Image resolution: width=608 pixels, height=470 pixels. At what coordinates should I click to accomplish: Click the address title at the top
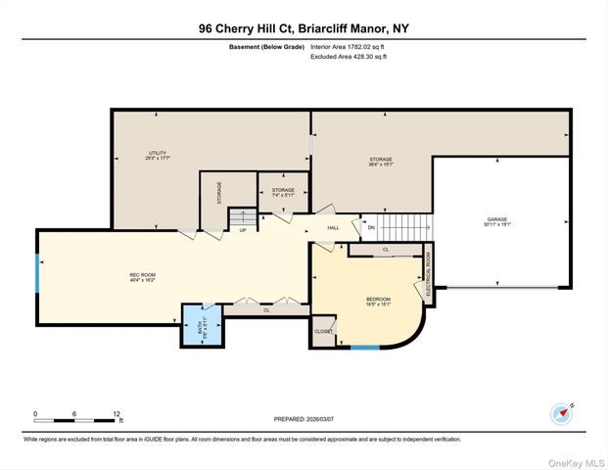pos(304,28)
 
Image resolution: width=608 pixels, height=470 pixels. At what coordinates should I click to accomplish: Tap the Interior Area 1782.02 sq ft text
pos(349,46)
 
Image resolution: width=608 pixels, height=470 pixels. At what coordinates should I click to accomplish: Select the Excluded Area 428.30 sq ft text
pos(349,57)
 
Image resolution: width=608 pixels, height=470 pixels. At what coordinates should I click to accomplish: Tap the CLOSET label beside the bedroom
pos(323,332)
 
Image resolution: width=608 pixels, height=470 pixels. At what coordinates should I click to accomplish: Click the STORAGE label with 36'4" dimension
pos(381,161)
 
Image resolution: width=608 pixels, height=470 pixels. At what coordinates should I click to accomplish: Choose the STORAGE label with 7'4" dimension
pos(283,192)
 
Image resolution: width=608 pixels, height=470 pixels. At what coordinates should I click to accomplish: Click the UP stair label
pos(241,231)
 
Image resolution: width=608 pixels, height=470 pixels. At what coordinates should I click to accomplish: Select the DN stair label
pos(371,229)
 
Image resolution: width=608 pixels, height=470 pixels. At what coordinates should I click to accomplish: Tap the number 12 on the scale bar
pos(118,414)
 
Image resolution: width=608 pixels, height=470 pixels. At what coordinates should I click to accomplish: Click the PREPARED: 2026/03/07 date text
pos(304,419)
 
